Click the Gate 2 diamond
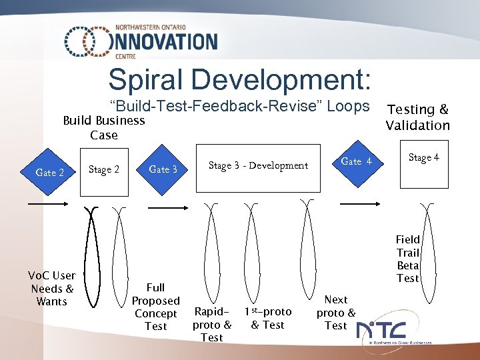(x=50, y=172)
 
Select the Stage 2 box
(x=103, y=169)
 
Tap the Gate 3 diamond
(x=163, y=169)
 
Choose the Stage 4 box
(x=424, y=158)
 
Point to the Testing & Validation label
(x=417, y=117)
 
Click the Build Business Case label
(x=104, y=127)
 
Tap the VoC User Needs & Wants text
(x=52, y=288)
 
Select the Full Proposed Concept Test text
(x=155, y=307)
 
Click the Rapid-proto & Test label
(x=212, y=324)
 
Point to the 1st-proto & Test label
(x=268, y=318)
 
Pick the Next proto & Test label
(x=336, y=313)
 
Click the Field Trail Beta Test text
(x=408, y=259)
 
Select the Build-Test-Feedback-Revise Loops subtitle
(x=239, y=106)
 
